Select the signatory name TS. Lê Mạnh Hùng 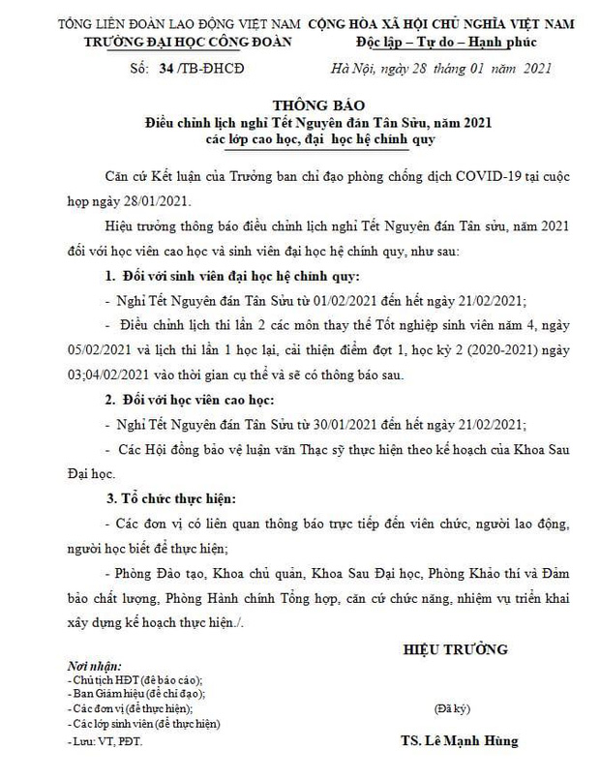point(459,740)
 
